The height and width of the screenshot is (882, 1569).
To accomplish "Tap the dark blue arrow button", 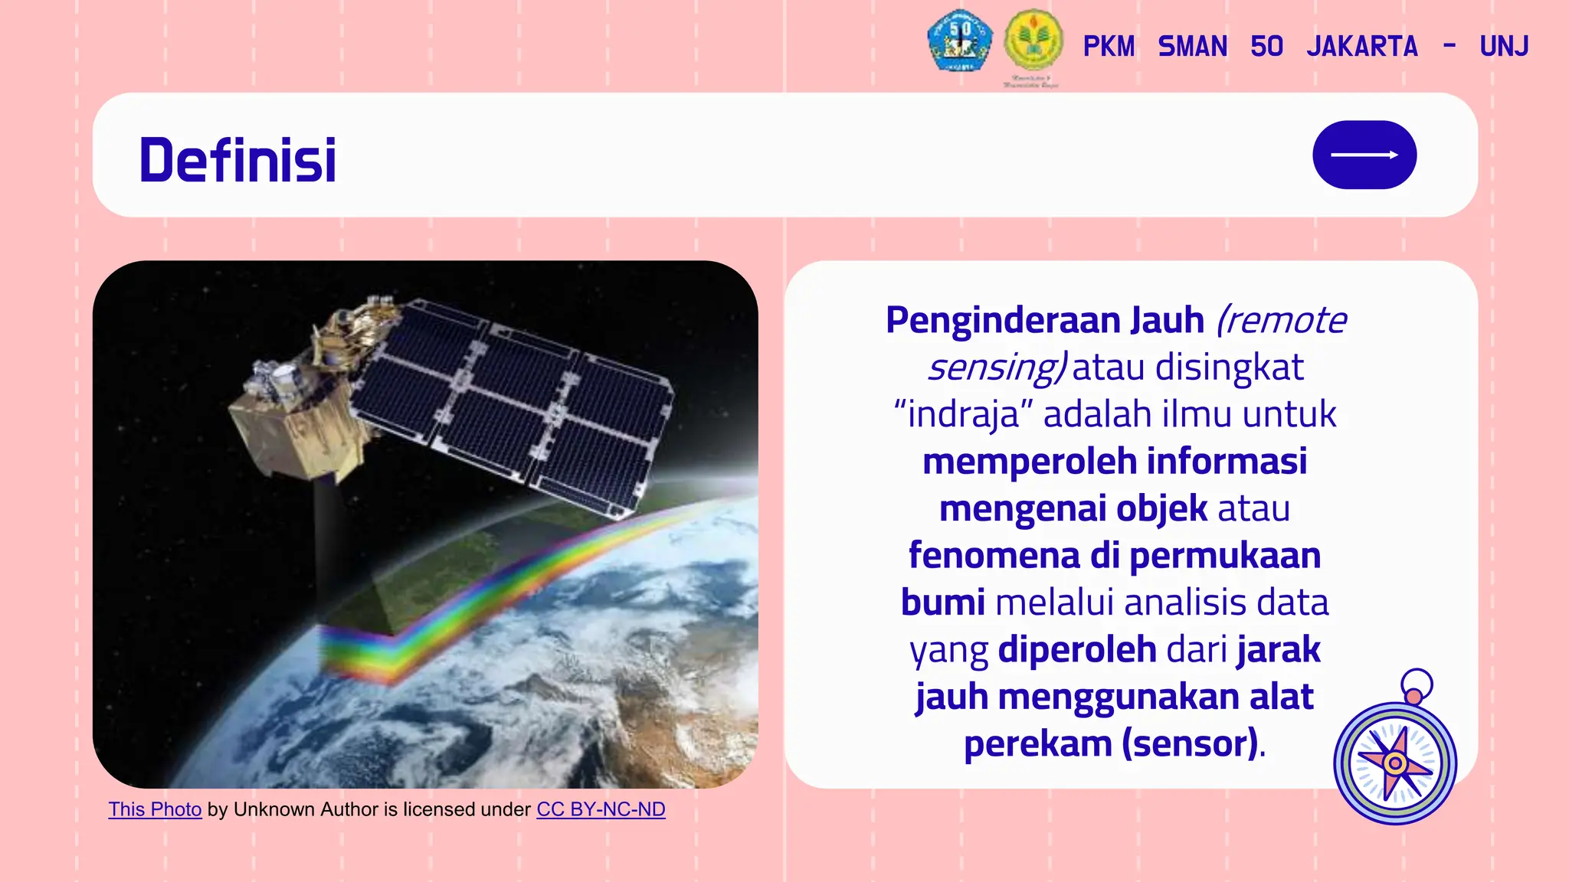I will click(x=1364, y=155).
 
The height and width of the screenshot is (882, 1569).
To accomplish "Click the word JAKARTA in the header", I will click(x=1361, y=47).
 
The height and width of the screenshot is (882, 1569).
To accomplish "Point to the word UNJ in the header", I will click(x=1504, y=47).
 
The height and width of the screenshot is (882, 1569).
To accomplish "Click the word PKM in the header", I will click(x=1109, y=47).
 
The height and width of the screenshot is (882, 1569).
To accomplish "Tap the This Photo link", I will click(x=155, y=809).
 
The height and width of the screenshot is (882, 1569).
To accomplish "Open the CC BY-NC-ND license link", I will click(x=601, y=809).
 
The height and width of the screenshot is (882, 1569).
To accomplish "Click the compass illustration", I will click(x=1394, y=763).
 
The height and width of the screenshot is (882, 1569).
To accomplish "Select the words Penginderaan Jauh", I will click(x=1044, y=320).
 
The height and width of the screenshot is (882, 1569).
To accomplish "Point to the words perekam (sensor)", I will click(x=1111, y=743).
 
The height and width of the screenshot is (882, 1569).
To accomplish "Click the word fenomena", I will click(x=994, y=555).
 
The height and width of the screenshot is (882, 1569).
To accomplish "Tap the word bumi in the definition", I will click(x=942, y=603).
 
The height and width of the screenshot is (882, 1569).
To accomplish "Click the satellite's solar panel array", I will click(x=513, y=406).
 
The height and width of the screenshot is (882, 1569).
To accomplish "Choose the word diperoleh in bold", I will click(x=1076, y=649).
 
